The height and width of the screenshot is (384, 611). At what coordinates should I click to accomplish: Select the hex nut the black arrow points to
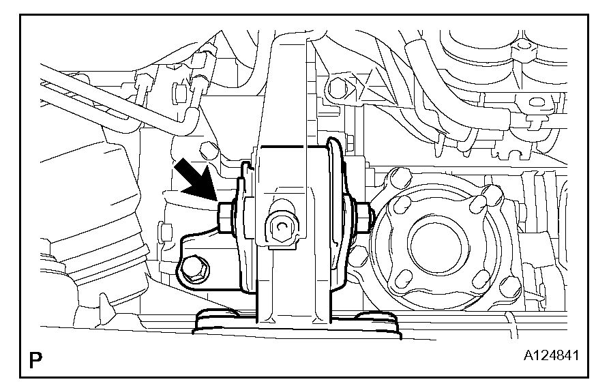225,218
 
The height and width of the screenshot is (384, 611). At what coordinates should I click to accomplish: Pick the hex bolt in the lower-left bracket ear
195,269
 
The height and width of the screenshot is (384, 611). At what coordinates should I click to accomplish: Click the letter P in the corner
35,361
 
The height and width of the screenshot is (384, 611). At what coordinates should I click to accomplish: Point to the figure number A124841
551,355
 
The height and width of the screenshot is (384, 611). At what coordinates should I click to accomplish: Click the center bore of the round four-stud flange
436,246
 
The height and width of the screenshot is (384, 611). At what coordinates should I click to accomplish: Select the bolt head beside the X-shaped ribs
338,89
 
